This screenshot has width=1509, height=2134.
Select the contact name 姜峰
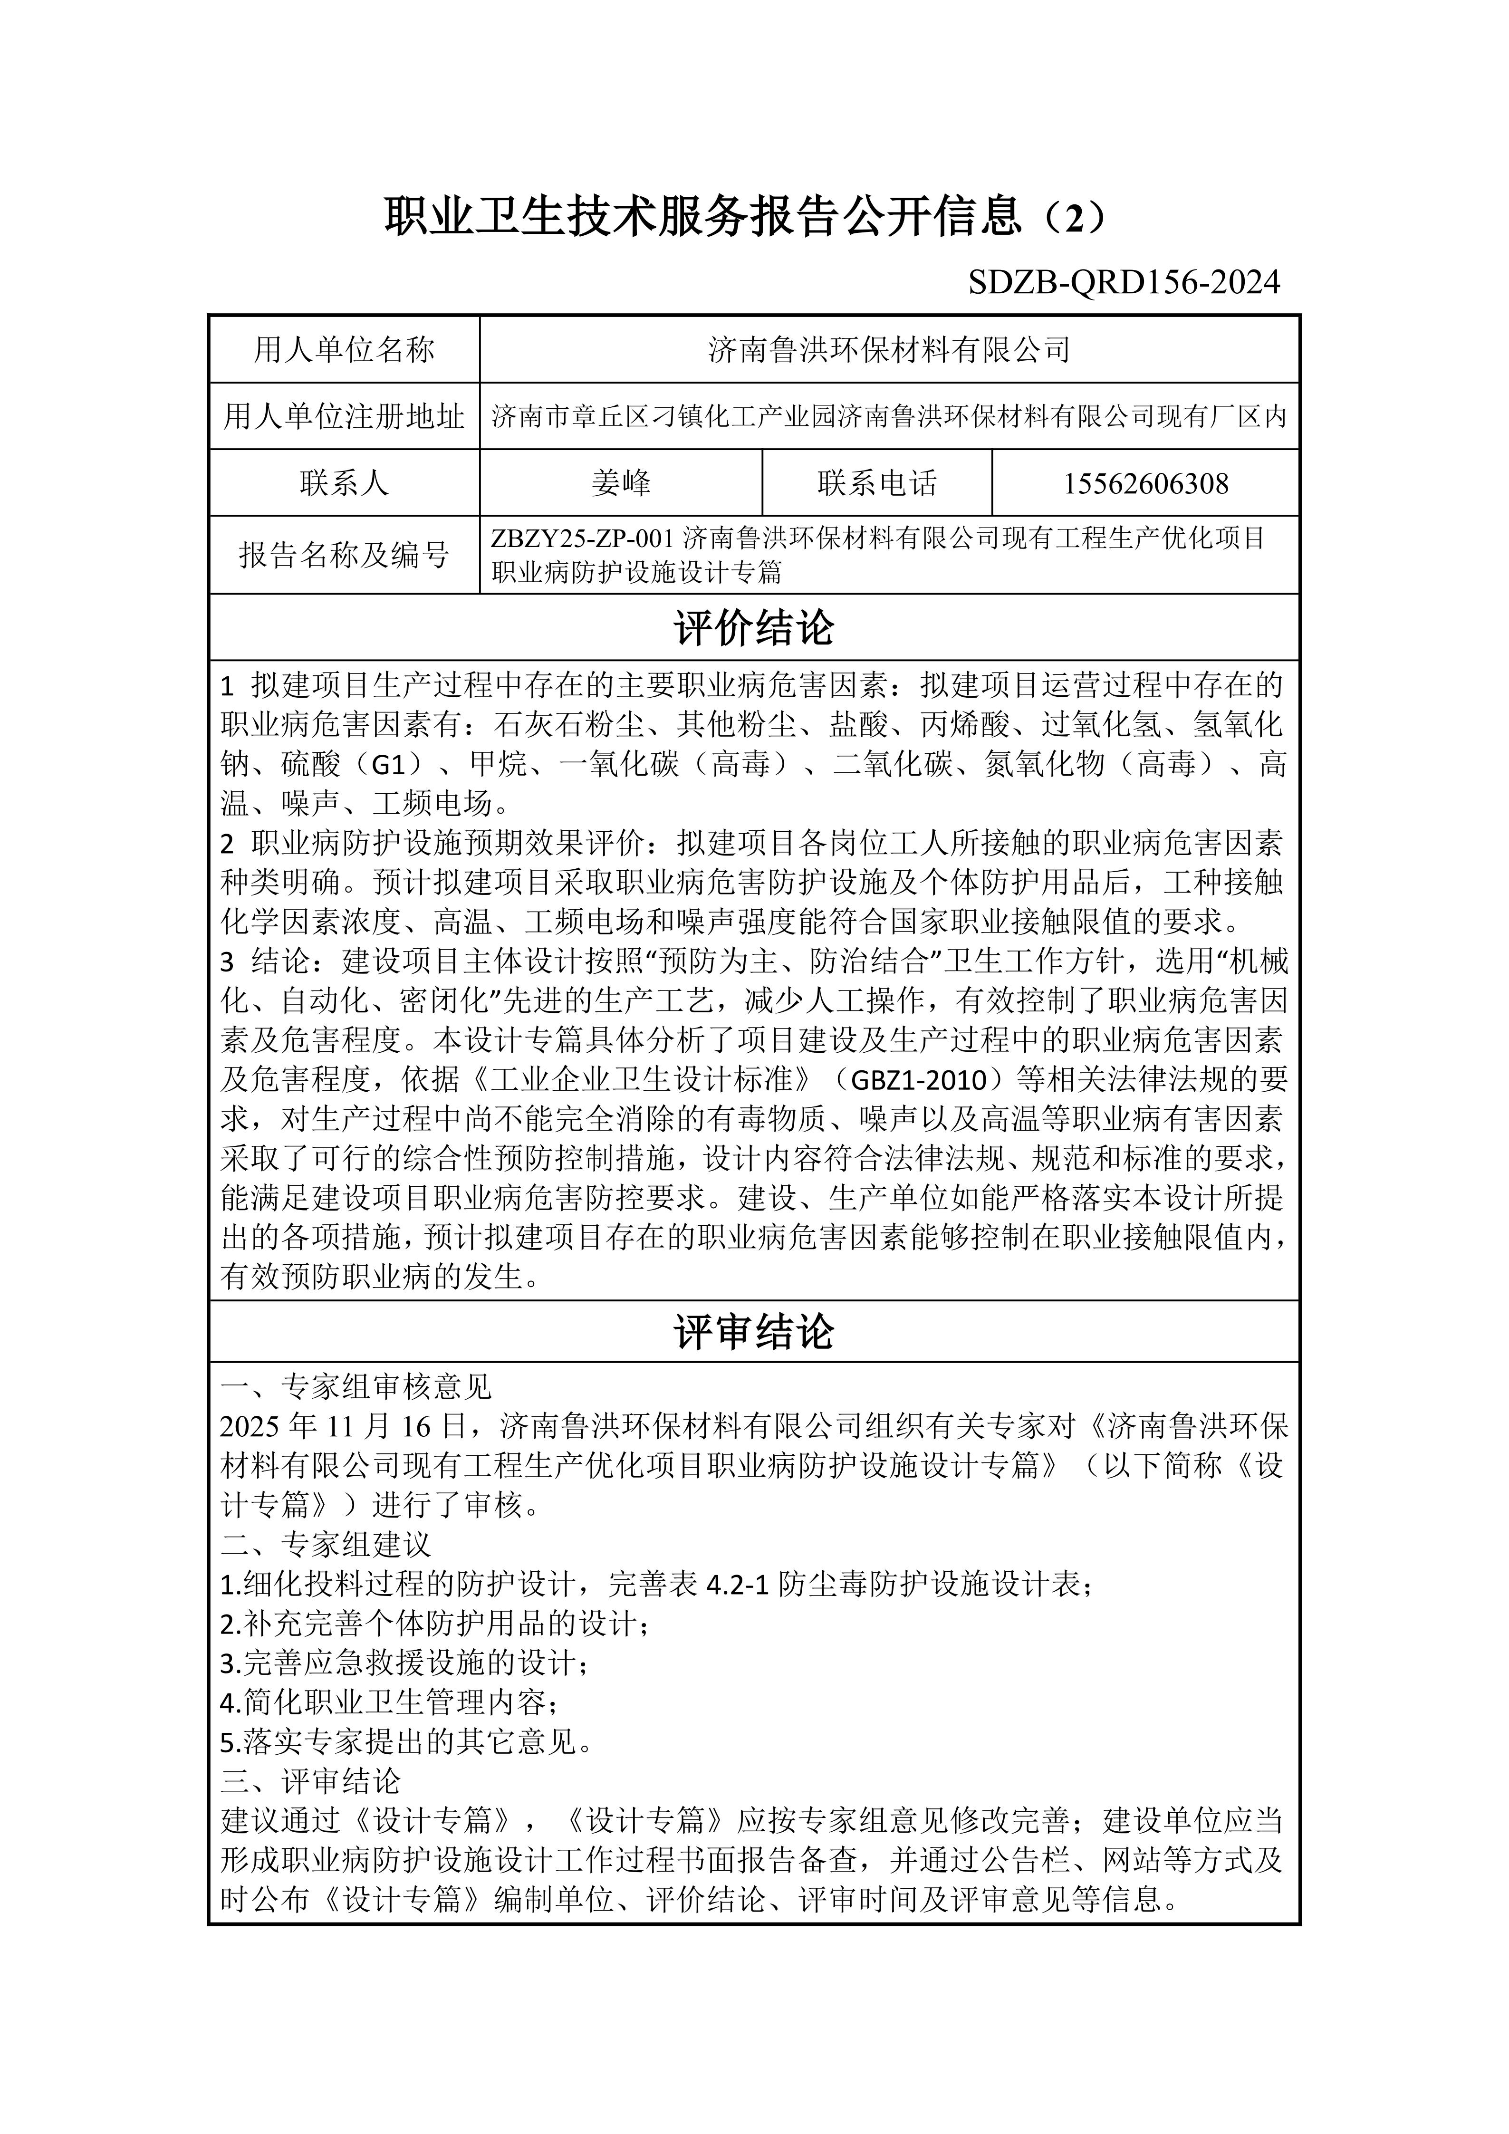point(621,483)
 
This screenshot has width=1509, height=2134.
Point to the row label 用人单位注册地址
point(344,416)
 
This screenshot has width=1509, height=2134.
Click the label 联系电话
point(876,483)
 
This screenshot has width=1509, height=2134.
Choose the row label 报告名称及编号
point(344,555)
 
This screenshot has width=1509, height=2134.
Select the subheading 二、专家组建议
point(326,1545)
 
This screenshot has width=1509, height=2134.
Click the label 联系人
point(344,483)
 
